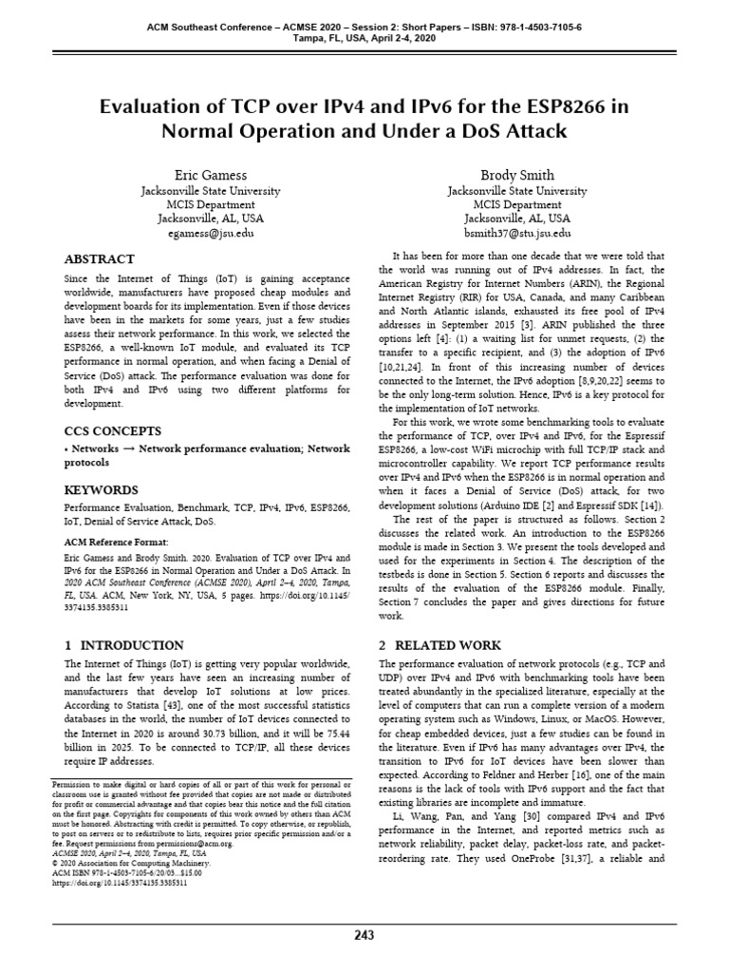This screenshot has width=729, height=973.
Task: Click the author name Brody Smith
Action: coord(517,176)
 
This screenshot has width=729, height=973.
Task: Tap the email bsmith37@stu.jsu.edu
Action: coord(517,231)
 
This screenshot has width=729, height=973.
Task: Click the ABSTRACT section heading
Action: coord(99,259)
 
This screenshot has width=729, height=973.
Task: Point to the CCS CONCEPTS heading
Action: coord(112,430)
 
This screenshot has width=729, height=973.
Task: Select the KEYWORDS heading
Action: coord(101,490)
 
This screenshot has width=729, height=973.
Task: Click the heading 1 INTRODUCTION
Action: coord(123,645)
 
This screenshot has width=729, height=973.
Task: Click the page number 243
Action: coord(364,935)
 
